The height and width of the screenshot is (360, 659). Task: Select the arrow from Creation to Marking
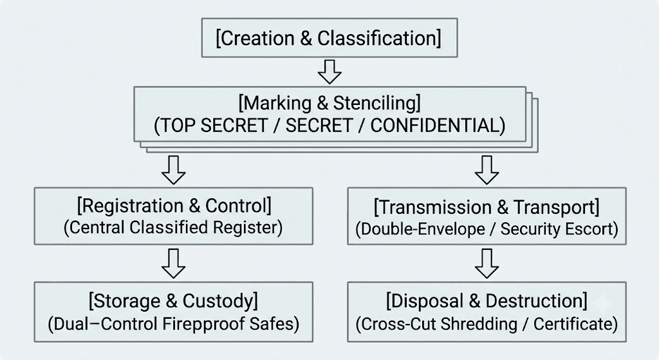pos(329,72)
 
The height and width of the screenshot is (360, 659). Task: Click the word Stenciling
pos(376,103)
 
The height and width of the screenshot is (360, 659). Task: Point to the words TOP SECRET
pos(210,126)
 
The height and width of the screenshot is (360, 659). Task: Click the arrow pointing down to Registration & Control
pos(174,170)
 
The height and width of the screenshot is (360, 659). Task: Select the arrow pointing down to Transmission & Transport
pos(487,170)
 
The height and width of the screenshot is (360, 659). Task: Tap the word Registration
pos(130,205)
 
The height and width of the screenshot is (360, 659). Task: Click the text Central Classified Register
pos(173,227)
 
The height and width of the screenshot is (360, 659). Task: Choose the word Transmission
pos(432,207)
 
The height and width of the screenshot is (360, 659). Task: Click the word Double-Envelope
pos(420,229)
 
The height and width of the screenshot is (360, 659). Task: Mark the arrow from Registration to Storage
pos(174,263)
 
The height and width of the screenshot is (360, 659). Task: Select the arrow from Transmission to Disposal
pos(487,263)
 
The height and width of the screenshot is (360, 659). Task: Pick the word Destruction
pos(537,301)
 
